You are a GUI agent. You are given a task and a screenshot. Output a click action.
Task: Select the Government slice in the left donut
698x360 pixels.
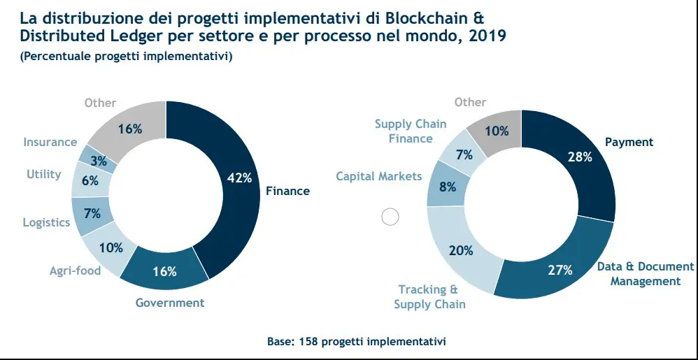(165, 271)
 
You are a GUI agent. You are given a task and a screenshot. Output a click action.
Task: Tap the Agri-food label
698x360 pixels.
(75, 271)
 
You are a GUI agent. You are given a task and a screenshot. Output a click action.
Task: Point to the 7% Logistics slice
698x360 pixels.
(91, 214)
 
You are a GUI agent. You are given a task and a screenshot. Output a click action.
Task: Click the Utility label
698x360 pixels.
(44, 174)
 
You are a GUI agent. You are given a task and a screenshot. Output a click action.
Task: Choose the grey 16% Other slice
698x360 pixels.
(131, 129)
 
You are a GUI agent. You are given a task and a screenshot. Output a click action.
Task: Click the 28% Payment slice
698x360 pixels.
(579, 158)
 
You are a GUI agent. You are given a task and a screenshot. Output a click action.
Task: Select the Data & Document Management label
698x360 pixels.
(645, 273)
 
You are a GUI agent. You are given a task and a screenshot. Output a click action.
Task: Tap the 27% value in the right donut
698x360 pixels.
(560, 269)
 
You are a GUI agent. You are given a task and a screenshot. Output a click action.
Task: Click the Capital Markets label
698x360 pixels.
(379, 176)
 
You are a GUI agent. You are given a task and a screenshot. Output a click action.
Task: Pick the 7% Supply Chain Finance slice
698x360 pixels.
(464, 154)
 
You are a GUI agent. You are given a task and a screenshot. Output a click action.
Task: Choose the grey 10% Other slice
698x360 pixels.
(497, 130)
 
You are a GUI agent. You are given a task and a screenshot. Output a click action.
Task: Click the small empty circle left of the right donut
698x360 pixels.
(390, 217)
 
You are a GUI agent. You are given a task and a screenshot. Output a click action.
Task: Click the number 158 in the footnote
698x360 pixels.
(306, 341)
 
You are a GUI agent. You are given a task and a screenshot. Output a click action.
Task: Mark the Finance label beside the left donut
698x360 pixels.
(287, 191)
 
